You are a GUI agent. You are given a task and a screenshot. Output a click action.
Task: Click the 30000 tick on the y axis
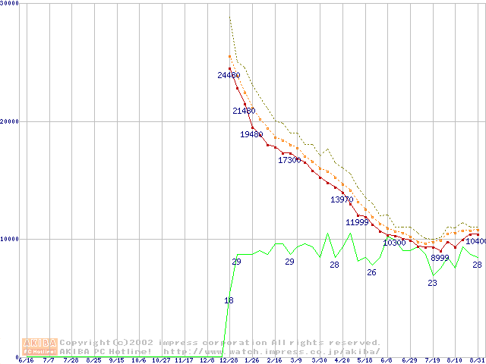pos(10,3)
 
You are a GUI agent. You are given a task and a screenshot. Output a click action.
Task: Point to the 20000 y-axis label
pos(10,121)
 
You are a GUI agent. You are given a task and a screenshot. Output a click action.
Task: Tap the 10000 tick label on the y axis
pos(10,239)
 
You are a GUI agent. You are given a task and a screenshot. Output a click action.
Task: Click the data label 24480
pos(229,75)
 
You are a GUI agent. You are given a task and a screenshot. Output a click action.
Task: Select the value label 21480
pos(244,111)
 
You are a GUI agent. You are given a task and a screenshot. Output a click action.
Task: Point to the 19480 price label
pos(251,134)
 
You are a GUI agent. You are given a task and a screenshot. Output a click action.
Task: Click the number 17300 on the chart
pos(289,160)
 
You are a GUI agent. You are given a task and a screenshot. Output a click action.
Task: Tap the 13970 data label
pos(342,199)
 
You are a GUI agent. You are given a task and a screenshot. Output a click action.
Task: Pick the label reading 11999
pos(357,222)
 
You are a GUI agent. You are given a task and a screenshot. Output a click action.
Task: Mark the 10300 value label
pos(394,243)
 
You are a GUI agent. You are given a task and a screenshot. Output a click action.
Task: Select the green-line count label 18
pos(229,301)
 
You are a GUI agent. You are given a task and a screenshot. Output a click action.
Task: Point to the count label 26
pos(371,272)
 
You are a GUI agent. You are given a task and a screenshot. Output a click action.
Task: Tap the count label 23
pos(432,283)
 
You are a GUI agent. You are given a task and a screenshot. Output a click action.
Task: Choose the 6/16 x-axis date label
pos(26,360)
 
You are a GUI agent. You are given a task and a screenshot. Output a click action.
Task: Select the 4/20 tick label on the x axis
pos(342,360)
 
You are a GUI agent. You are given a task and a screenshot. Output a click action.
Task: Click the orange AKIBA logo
pos(39,346)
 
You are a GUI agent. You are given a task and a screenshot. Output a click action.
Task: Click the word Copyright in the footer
pos(84,343)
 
